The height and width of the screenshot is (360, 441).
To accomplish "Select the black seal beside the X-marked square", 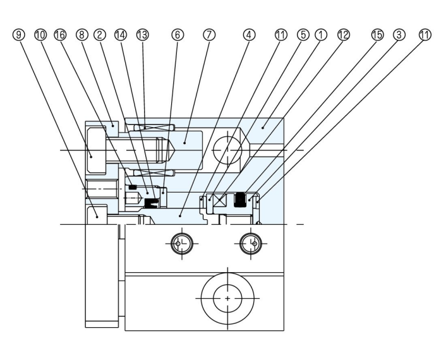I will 240,200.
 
